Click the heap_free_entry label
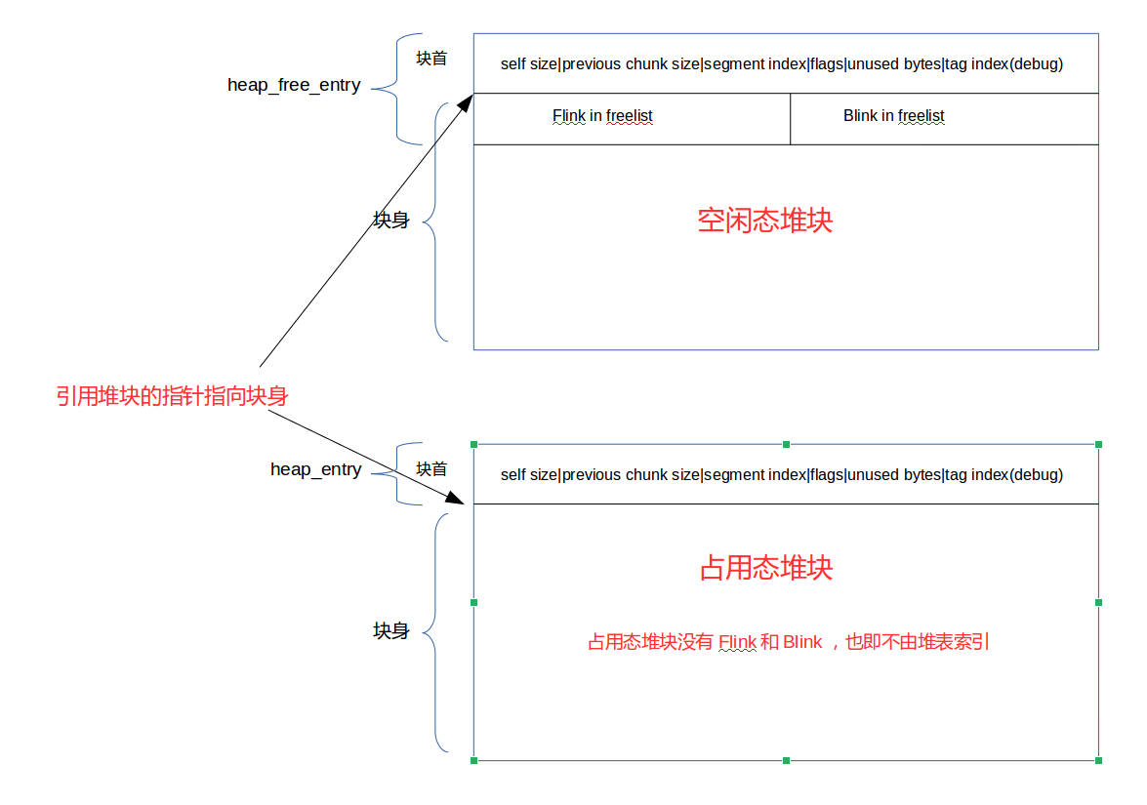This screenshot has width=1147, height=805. click(294, 86)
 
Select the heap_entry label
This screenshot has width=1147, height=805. click(315, 470)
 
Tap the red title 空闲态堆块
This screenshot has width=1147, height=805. click(765, 221)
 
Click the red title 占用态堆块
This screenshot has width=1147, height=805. click(766, 568)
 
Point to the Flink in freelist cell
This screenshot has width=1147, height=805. click(602, 116)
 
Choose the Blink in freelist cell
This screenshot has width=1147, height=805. click(893, 116)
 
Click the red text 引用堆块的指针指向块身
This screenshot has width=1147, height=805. click(172, 396)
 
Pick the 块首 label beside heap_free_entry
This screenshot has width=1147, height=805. click(431, 59)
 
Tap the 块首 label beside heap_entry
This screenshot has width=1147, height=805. click(431, 469)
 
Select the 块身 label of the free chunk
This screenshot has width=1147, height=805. click(391, 221)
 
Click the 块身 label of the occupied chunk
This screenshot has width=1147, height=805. click(391, 631)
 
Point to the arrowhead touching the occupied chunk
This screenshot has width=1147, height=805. click(454, 498)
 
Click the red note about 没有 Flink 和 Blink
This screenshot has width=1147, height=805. click(789, 642)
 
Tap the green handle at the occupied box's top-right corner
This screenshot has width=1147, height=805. click(1098, 444)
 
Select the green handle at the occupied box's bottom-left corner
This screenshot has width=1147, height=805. click(474, 760)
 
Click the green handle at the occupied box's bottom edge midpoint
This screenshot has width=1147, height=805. click(786, 760)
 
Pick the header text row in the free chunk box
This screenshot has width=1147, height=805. click(781, 64)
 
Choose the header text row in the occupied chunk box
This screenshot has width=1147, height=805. click(781, 475)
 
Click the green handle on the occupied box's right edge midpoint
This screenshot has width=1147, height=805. click(1098, 602)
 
